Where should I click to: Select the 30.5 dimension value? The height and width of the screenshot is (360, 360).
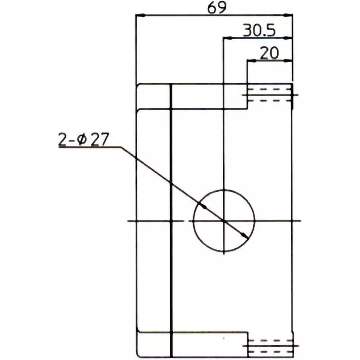point(259,30)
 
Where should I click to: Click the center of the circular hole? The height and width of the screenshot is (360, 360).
point(224,220)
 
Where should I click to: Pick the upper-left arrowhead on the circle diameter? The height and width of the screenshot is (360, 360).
point(203,205)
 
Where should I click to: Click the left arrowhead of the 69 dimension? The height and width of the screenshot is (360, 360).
point(139,16)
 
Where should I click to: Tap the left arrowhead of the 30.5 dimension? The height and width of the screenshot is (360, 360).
point(227,38)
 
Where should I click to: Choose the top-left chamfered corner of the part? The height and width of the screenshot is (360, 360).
point(138,85)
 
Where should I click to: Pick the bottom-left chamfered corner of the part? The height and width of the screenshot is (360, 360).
point(138,355)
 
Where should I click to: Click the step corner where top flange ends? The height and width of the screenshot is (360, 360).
point(247,108)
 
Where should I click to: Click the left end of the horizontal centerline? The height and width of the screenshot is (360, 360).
point(129,220)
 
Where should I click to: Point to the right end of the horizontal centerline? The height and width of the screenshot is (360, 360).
point(300,220)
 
